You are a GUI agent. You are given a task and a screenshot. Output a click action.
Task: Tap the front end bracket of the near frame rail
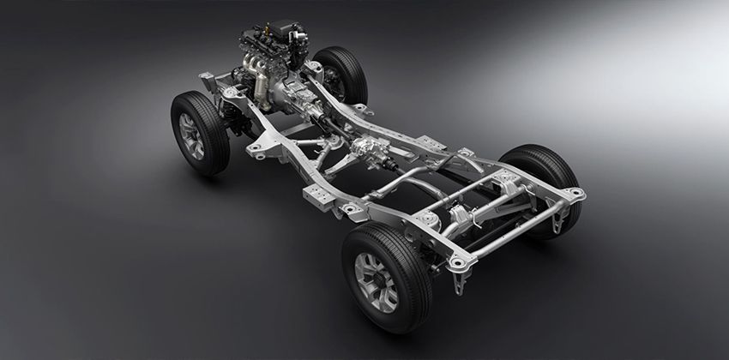point(208,81)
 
